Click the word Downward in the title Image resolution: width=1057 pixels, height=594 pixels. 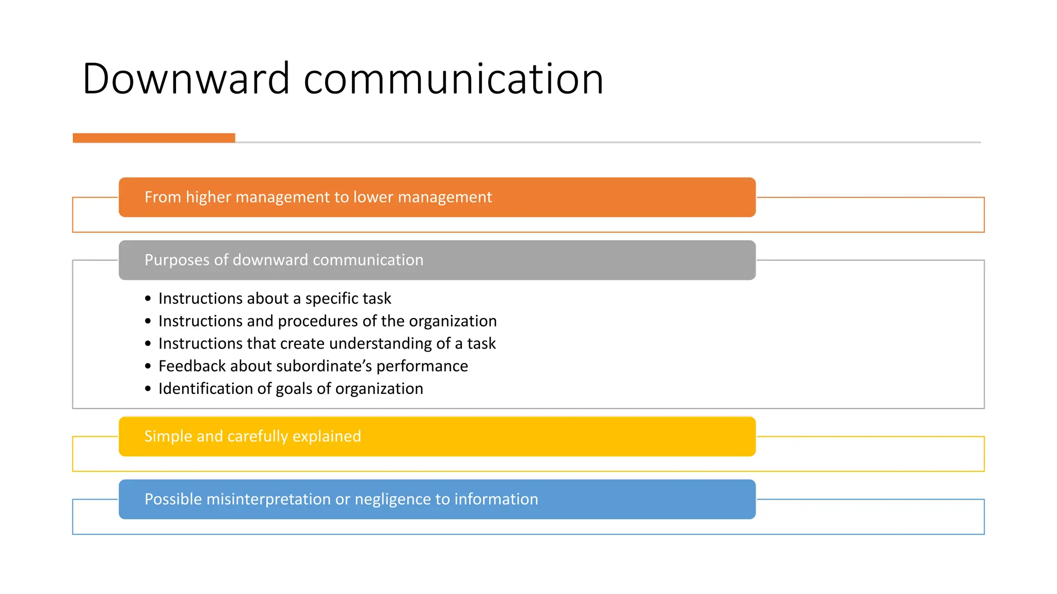point(186,79)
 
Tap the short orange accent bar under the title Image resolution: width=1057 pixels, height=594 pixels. point(154,138)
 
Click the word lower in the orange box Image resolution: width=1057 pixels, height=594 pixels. point(374,197)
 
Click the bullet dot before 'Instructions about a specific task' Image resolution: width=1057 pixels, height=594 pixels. point(148,299)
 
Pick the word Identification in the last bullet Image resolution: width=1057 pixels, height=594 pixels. point(207,389)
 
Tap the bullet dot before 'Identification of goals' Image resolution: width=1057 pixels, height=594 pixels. point(148,389)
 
